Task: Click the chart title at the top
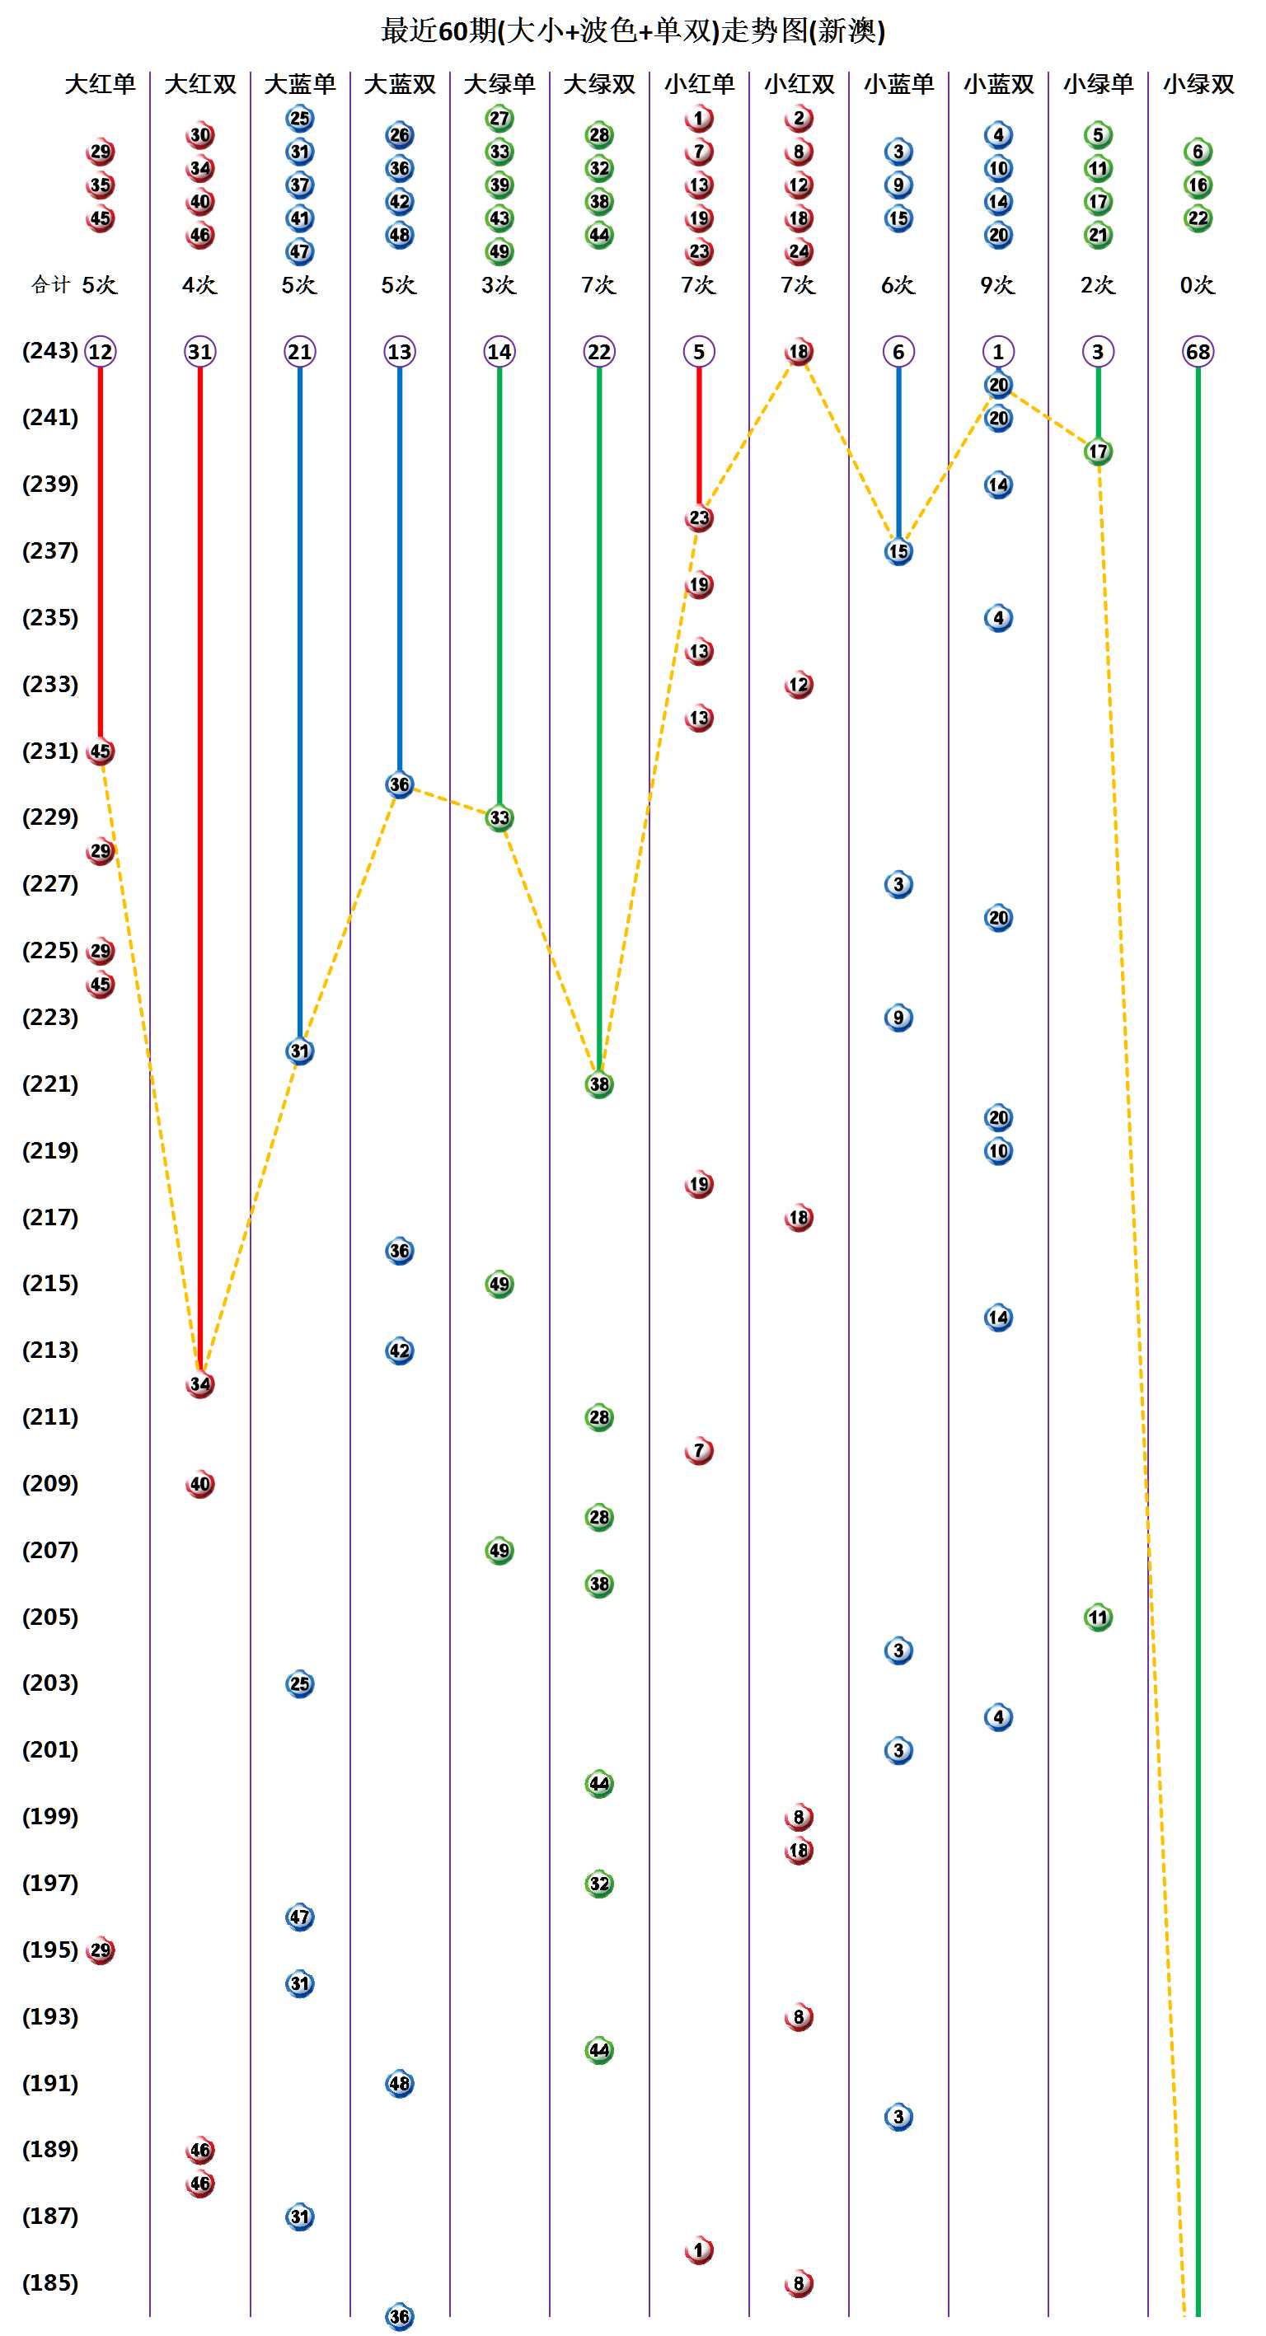[x=633, y=30]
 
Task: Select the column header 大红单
[x=100, y=84]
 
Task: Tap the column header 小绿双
[x=1198, y=84]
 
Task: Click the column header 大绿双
[x=598, y=84]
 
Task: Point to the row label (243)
[x=50, y=351]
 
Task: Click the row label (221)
[x=50, y=1084]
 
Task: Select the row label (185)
[x=50, y=2282]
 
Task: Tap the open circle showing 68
[x=1197, y=352]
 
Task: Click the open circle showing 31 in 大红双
[x=199, y=352]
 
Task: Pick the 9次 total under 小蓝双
[x=997, y=286]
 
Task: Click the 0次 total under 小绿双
[x=1197, y=286]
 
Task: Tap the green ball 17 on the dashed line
[x=1097, y=452]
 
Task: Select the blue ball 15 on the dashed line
[x=898, y=551]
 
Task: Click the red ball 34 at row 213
[x=199, y=1383]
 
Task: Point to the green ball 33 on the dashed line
[x=499, y=818]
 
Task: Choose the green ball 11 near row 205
[x=1097, y=1617]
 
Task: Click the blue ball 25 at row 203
[x=299, y=1684]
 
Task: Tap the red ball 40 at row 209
[x=199, y=1485]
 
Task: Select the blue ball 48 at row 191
[x=399, y=2083]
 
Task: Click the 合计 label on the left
[x=50, y=286]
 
